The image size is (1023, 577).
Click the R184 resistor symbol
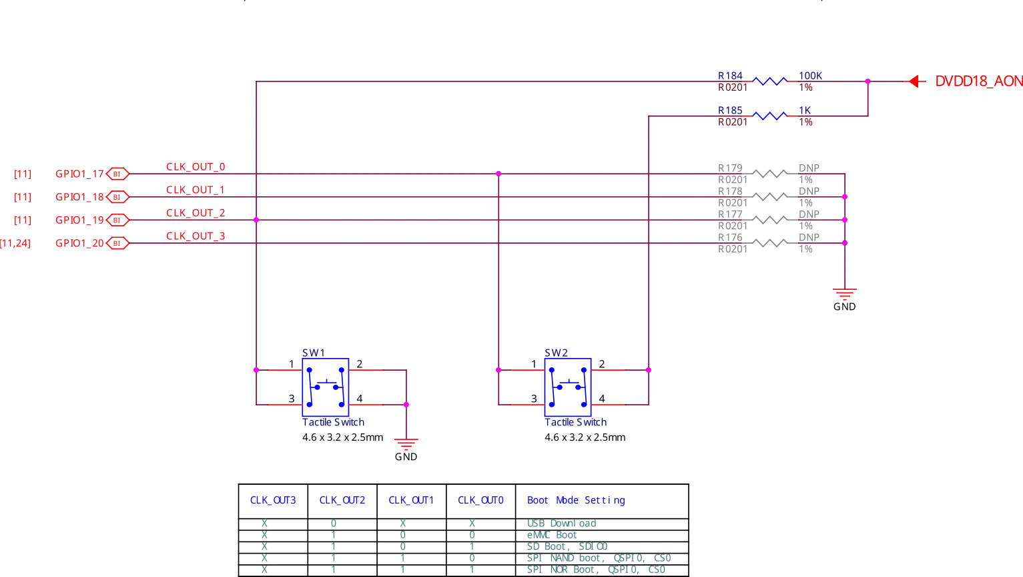[769, 81]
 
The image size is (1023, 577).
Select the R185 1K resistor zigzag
[769, 116]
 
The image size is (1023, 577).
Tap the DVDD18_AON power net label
[979, 81]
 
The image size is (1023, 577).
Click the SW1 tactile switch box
[326, 387]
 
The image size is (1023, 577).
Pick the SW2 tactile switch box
[568, 387]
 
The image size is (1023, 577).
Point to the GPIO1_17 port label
[79, 174]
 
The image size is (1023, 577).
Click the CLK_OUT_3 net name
[196, 236]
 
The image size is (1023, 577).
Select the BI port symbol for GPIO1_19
[117, 220]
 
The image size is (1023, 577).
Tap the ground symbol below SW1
[406, 444]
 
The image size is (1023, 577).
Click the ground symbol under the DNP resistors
[844, 294]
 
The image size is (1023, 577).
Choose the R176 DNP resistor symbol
[769, 243]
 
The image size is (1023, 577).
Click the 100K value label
[810, 76]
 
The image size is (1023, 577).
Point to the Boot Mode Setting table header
[576, 500]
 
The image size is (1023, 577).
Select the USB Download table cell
[562, 524]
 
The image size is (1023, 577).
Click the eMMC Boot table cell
[552, 535]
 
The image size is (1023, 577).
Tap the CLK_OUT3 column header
[273, 500]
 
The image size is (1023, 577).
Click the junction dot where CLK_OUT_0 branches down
[498, 174]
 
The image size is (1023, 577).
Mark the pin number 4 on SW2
[602, 399]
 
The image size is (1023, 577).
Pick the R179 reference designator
[730, 168]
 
